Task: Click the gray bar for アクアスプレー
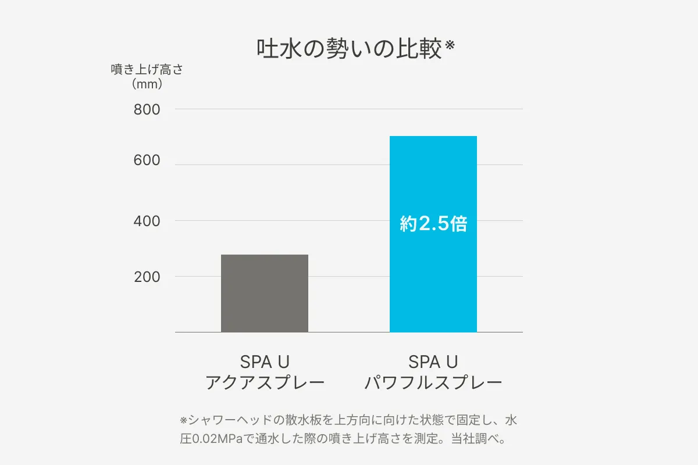coord(265,294)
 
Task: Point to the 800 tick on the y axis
coord(147,109)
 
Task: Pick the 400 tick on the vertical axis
coord(147,221)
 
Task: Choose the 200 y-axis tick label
coord(147,277)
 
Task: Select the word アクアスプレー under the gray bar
coord(265,383)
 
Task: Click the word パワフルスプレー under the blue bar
coord(433,383)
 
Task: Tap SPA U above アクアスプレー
coord(265,362)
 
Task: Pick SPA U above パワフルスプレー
coord(433,362)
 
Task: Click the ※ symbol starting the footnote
coord(183,420)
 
